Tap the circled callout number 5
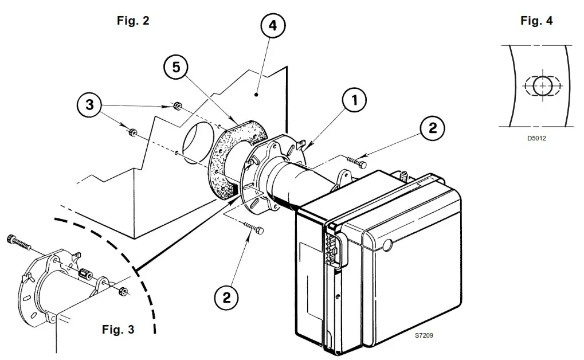point(177,68)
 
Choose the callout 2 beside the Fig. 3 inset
point(227,297)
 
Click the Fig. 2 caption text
point(133,21)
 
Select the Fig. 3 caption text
point(118,330)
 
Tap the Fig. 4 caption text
point(536,21)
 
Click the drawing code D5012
point(536,138)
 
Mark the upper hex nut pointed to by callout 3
point(178,105)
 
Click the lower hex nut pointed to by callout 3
point(132,132)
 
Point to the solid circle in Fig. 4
point(542,86)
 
